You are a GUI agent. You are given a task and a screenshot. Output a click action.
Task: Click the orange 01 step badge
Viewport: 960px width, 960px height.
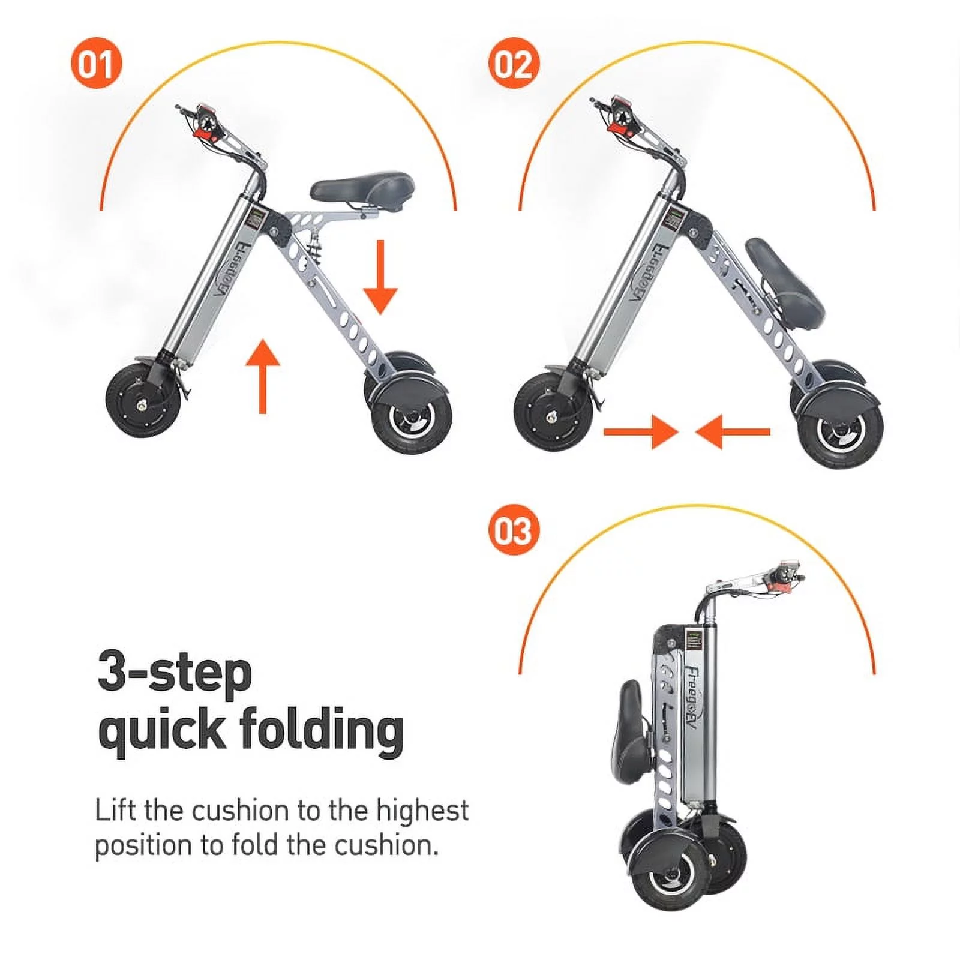[x=96, y=63]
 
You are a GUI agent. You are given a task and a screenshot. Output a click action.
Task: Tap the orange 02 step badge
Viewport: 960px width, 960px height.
[x=514, y=63]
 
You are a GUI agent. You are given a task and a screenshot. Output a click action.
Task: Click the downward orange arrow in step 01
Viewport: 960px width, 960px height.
[x=380, y=277]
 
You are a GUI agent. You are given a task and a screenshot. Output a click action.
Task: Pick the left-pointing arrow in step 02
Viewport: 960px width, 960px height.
[x=733, y=431]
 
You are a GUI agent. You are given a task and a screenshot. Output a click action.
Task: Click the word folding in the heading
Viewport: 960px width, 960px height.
[x=322, y=730]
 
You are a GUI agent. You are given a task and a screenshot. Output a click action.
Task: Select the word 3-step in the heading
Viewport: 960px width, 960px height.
[x=174, y=673]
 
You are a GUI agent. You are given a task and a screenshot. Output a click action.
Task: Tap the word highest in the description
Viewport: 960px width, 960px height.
[x=422, y=811]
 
